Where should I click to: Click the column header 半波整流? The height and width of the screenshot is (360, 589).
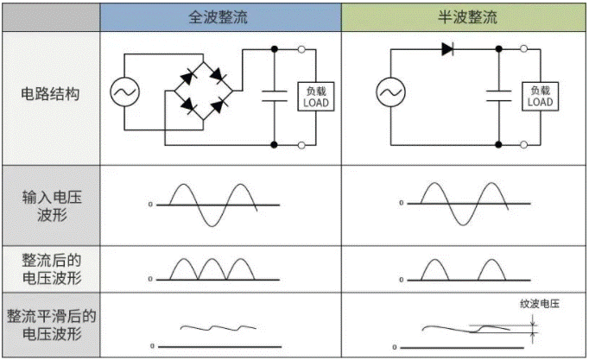[464, 17]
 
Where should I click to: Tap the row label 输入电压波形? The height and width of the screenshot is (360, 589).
[50, 205]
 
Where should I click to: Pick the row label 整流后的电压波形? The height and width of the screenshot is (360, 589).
[50, 268]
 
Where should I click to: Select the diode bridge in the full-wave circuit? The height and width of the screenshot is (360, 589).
[201, 91]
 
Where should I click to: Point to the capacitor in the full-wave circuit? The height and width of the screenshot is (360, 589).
[275, 95]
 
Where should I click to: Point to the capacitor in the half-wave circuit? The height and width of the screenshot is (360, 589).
[499, 95]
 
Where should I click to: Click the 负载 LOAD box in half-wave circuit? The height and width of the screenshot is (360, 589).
[539, 96]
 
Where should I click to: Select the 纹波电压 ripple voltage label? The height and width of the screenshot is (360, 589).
[540, 304]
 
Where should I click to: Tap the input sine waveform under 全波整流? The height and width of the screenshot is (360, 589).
[213, 205]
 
